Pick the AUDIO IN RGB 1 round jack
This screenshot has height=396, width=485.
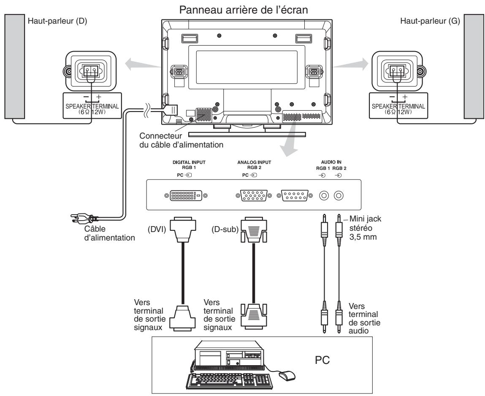pos(324,196)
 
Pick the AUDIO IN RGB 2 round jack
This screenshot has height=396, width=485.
pos(339,196)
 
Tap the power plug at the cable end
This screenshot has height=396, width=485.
pos(82,219)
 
